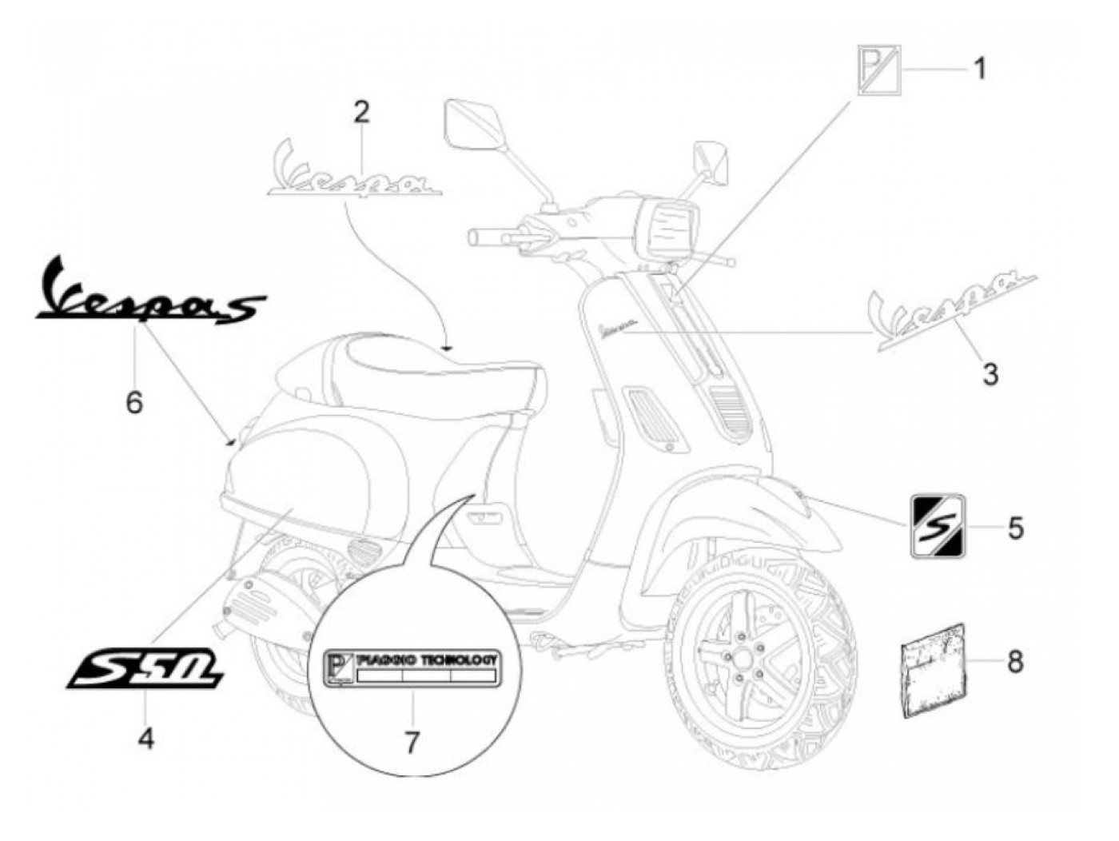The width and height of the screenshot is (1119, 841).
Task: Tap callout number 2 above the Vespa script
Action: click(361, 113)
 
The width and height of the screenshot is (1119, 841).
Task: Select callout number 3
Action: click(990, 373)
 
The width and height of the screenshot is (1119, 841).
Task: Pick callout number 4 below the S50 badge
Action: click(146, 739)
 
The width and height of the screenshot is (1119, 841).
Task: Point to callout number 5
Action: click(1015, 528)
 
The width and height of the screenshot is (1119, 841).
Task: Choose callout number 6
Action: click(134, 401)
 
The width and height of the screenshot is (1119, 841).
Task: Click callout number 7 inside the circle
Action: click(411, 743)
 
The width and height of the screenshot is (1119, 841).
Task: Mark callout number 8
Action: click(1014, 662)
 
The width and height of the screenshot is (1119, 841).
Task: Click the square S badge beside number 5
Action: click(939, 526)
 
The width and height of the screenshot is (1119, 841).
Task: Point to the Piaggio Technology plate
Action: click(412, 668)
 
